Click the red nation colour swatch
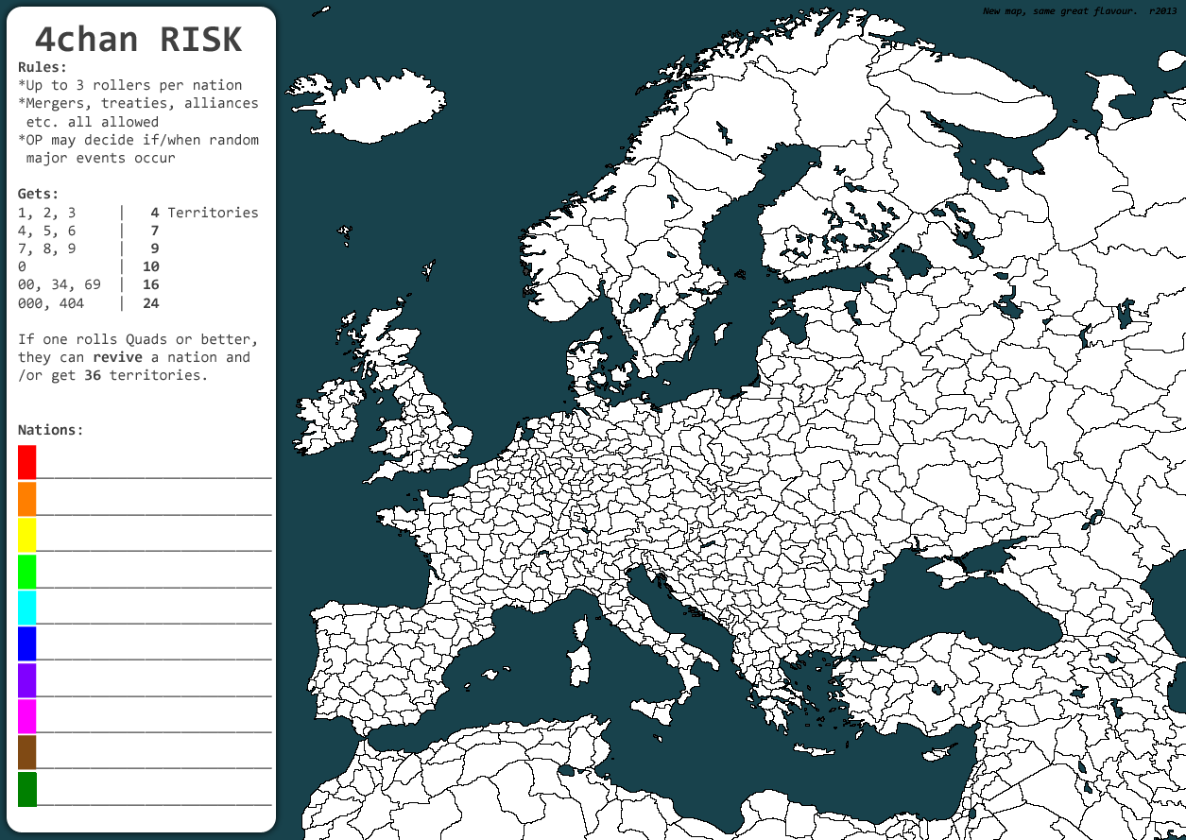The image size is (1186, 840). click(x=26, y=462)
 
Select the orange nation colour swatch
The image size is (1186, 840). click(x=26, y=498)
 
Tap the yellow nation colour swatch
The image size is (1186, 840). click(x=26, y=535)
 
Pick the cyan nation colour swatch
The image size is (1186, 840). click(x=26, y=607)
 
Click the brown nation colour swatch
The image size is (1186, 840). click(x=26, y=752)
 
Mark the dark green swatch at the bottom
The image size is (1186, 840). click(x=26, y=789)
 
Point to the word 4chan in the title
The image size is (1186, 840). click(x=86, y=40)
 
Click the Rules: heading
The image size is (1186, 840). click(x=43, y=67)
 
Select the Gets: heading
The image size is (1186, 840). click(x=38, y=194)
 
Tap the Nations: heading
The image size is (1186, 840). click(x=50, y=430)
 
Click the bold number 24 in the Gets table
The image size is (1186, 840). click(x=150, y=303)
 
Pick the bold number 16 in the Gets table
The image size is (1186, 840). click(x=150, y=284)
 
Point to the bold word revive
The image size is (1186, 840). click(x=117, y=357)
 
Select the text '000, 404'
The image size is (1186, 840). click(x=50, y=303)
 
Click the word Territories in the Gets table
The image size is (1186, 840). click(x=213, y=213)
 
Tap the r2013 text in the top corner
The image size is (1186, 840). click(x=1164, y=11)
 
